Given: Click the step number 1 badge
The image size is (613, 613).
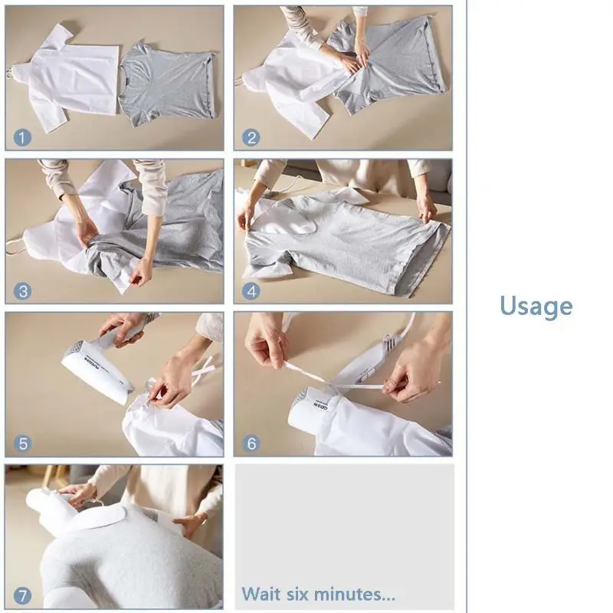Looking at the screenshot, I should point(23,138).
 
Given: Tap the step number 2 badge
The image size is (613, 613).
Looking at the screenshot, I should point(251,138).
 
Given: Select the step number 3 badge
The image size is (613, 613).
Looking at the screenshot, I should point(23,291).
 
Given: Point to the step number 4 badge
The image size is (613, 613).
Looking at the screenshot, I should point(251,291).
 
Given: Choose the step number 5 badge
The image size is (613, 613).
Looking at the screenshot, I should point(23,444).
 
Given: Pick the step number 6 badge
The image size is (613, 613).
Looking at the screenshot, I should point(251,444).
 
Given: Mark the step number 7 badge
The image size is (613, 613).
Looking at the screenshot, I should point(23,595).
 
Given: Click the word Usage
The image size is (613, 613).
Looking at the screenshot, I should point(536,306).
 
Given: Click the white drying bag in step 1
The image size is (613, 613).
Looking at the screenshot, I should point(73,77).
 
